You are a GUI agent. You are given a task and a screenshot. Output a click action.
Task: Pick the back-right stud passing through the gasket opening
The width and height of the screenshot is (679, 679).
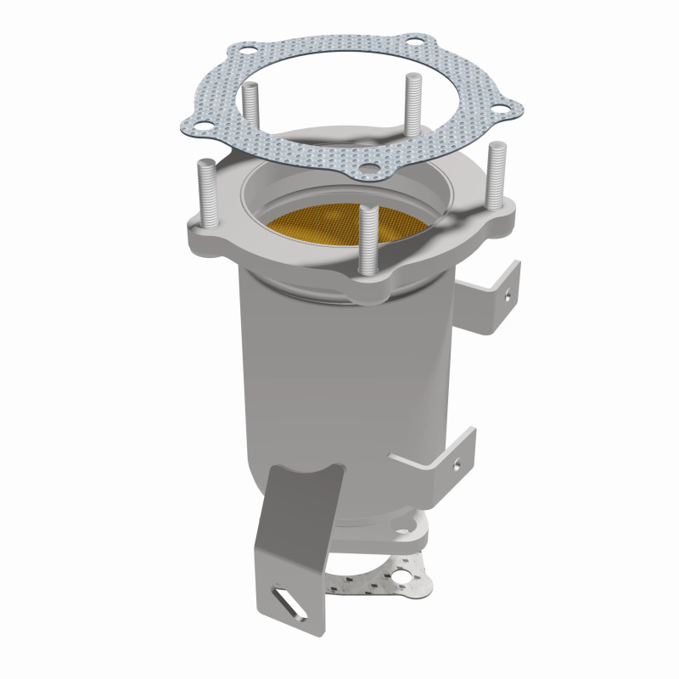tap(412, 104)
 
